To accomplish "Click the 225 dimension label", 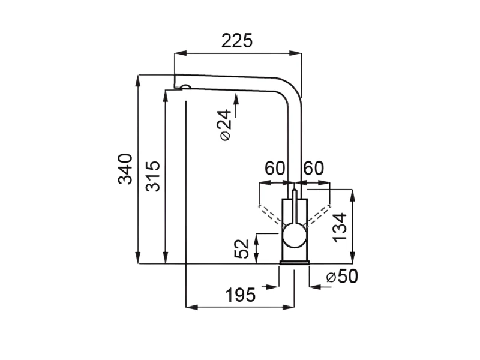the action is pyautogui.click(x=237, y=40).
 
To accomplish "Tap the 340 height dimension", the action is pyautogui.click(x=125, y=169).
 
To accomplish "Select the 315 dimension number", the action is pyautogui.click(x=152, y=176).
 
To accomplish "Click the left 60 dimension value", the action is pyautogui.click(x=275, y=168).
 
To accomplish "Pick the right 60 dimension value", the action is pyautogui.click(x=313, y=168).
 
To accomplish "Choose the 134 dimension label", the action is pyautogui.click(x=340, y=228).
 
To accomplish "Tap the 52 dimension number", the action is pyautogui.click(x=242, y=248).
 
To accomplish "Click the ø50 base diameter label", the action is pyautogui.click(x=342, y=277).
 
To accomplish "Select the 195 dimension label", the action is pyautogui.click(x=241, y=295).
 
